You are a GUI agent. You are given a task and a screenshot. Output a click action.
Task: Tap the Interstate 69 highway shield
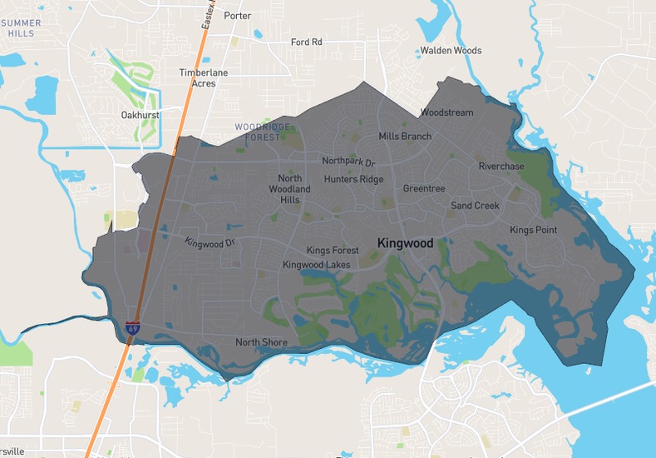point(133,327)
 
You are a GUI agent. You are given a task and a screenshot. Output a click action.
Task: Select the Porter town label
point(238,16)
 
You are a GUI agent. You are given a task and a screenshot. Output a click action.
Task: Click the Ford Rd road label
point(306,42)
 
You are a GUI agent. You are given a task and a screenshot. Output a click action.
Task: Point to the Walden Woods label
point(451,51)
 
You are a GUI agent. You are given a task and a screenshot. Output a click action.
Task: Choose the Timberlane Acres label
point(203,78)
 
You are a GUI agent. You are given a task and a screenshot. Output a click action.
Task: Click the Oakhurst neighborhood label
point(140,115)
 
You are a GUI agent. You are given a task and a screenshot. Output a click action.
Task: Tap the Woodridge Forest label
point(263,131)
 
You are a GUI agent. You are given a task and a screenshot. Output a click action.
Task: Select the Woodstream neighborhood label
point(446,112)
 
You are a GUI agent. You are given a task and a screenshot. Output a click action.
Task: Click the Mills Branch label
point(405,137)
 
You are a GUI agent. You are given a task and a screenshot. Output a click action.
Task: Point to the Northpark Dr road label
point(349,162)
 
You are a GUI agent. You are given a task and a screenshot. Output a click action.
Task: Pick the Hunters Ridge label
point(353,179)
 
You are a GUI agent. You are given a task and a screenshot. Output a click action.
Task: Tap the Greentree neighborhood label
point(424,189)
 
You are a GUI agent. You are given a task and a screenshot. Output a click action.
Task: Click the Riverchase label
point(501,167)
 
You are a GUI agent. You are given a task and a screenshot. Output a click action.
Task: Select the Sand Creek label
point(475,206)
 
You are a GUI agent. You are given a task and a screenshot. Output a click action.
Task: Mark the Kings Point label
point(533,230)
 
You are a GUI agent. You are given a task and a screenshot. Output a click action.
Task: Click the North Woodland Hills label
point(289,189)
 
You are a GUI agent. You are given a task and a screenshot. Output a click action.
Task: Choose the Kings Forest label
point(333,251)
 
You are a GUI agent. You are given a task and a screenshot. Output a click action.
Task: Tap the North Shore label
point(261,342)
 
